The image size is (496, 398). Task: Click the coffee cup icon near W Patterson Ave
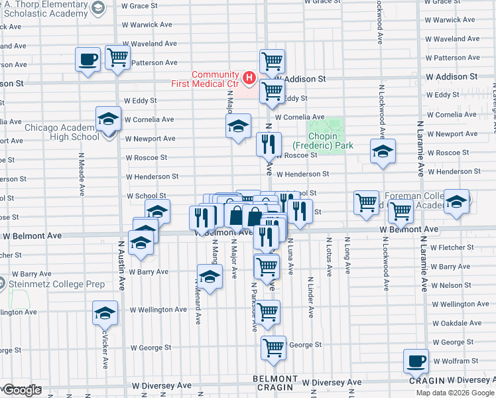click(x=88, y=60)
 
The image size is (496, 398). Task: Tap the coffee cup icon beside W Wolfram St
click(x=416, y=361)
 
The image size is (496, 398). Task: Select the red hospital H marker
click(x=249, y=78)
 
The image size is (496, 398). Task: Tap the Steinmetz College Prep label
click(x=56, y=285)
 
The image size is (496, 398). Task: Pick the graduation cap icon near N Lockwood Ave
click(x=383, y=152)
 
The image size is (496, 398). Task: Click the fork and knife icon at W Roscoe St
click(x=269, y=143)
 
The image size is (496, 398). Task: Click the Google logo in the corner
click(x=22, y=390)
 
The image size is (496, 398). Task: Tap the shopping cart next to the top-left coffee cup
click(x=117, y=57)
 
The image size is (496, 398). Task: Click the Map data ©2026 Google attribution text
click(x=455, y=393)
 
